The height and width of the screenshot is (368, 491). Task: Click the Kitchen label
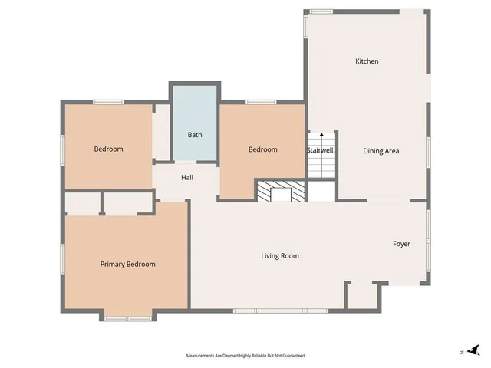coord(367,61)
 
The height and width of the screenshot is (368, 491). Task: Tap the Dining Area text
coord(381,151)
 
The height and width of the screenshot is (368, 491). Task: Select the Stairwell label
coord(321,150)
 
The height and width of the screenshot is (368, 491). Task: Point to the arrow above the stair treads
coord(321,134)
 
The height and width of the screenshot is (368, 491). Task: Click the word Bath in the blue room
coord(195,135)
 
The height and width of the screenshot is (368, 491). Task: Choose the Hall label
coord(187,178)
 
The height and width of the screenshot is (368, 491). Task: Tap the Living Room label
coord(280,256)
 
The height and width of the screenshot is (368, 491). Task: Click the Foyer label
coord(401,244)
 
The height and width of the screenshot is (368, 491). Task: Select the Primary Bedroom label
coord(128,264)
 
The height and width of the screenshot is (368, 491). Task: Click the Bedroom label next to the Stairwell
coord(262,149)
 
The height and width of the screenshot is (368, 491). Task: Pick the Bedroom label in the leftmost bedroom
coord(108,149)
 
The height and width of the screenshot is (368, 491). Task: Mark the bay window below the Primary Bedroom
coord(128,318)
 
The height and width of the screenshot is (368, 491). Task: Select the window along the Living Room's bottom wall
coord(280,310)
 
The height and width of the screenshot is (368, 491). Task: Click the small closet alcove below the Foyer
coord(362,296)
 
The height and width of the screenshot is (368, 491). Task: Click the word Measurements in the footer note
coord(202,356)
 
